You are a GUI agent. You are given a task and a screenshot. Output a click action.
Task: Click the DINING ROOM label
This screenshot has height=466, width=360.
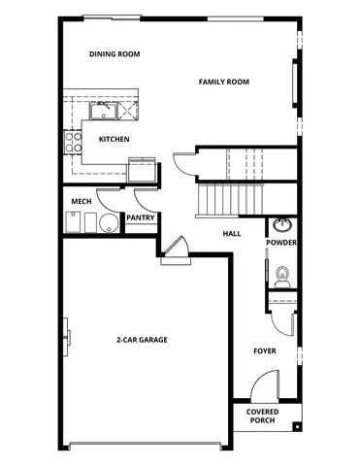(115, 54)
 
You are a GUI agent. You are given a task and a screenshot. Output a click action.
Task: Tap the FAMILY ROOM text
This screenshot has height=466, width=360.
(224, 82)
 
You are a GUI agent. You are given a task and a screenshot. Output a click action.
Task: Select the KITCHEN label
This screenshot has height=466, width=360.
(115, 139)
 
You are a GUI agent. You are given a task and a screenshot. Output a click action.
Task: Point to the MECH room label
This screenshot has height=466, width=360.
(81, 202)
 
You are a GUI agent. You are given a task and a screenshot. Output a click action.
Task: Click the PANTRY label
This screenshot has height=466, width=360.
(140, 218)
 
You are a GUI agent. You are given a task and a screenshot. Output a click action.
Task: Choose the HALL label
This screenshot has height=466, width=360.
(231, 234)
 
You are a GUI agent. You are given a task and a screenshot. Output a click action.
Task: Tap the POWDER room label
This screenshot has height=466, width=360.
(281, 243)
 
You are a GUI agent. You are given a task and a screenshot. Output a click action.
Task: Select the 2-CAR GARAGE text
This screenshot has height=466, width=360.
(141, 340)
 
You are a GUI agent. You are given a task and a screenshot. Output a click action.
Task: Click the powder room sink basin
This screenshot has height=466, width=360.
(282, 225)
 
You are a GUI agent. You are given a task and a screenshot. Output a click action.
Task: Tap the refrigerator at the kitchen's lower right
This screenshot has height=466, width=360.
(145, 170)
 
